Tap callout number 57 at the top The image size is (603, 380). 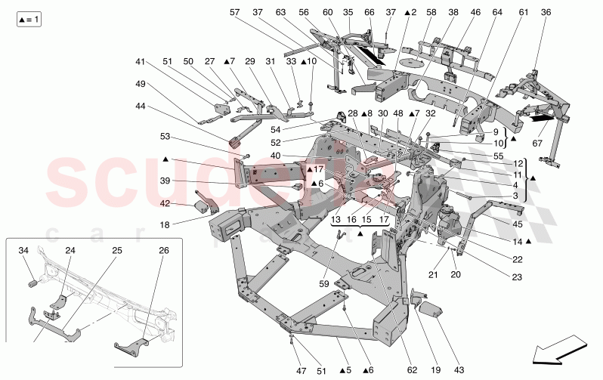(x=234, y=13)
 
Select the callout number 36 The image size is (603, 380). (x=546, y=13)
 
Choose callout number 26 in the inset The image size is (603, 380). (x=164, y=250)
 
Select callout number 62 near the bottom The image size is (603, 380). (x=412, y=371)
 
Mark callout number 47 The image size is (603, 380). (x=301, y=371)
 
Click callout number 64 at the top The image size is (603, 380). (x=497, y=13)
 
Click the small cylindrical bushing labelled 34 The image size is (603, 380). (x=32, y=283)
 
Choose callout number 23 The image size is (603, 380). (x=517, y=277)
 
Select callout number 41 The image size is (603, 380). (x=140, y=61)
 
